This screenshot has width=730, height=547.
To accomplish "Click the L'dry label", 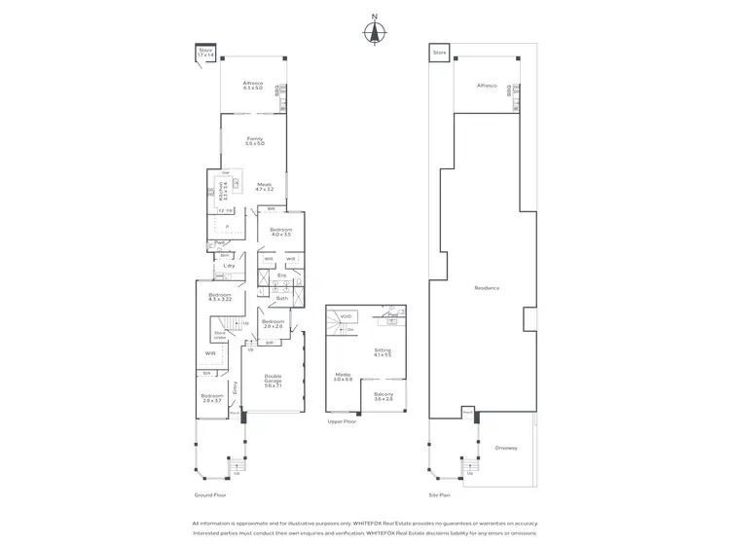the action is [x=230, y=266].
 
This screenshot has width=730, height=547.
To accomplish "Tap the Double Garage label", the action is [x=273, y=382].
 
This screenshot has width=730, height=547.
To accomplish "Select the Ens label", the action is [x=282, y=276].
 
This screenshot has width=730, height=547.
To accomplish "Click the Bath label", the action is [x=281, y=299].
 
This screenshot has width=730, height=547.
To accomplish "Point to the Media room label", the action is [x=343, y=376].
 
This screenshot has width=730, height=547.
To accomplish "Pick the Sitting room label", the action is [x=383, y=352].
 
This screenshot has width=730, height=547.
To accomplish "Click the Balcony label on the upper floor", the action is [x=383, y=396].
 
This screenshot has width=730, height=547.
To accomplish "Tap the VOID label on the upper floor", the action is [x=346, y=316].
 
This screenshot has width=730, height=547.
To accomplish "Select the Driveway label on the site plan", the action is [x=505, y=449].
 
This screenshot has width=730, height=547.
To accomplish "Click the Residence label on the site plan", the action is [x=487, y=288].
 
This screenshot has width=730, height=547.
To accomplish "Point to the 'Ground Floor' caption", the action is [x=210, y=495].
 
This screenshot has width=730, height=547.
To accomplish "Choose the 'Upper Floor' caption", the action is [x=343, y=422].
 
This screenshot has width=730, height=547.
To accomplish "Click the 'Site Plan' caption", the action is [x=441, y=495].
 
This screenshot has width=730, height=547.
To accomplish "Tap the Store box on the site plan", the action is [x=439, y=51].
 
